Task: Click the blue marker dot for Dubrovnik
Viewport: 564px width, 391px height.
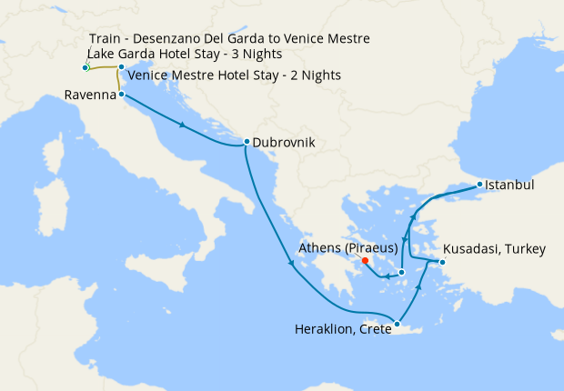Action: tap(246, 142)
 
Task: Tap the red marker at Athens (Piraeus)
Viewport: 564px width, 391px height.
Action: tap(365, 260)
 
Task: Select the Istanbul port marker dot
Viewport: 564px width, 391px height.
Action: tap(479, 185)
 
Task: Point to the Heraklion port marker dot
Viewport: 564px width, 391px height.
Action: tap(397, 324)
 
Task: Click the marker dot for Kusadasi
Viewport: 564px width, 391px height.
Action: tap(441, 264)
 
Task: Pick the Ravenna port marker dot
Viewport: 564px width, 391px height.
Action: tap(121, 94)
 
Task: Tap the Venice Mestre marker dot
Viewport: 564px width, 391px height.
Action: tap(121, 67)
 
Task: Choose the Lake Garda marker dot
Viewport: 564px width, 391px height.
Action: tap(86, 68)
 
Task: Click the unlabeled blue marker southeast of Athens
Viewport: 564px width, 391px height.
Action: tap(401, 272)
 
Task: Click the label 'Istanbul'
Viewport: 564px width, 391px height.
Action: tap(509, 185)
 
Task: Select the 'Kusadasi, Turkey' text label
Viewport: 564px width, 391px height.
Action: tap(494, 250)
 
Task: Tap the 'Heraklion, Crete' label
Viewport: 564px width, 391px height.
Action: tap(341, 329)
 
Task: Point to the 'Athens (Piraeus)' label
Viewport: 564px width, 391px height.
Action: tap(354, 246)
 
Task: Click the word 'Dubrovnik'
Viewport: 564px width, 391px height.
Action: tap(285, 143)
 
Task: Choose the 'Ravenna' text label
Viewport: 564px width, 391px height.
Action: tap(89, 95)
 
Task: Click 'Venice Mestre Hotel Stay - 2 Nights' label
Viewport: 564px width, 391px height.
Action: tap(235, 75)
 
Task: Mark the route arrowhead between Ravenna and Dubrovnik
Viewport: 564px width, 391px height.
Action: tap(185, 125)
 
